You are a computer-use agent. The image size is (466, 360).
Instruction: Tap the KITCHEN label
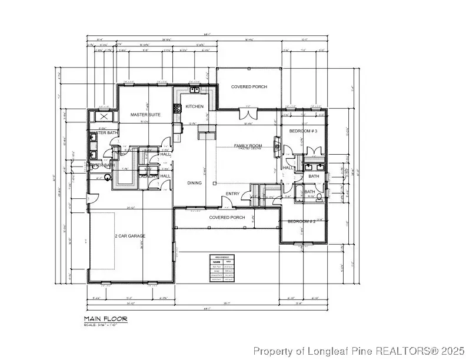195,106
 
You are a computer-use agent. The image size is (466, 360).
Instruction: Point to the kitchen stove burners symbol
175,108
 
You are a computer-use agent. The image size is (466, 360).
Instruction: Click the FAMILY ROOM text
248,145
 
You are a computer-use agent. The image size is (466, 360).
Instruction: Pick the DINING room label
194,183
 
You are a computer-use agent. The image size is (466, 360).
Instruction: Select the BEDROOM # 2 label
302,221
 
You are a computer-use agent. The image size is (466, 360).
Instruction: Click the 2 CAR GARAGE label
130,236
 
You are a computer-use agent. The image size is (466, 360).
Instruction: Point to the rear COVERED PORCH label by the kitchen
249,86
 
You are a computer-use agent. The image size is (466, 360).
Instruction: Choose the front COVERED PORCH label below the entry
227,217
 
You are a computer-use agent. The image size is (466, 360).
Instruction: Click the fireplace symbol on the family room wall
276,145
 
